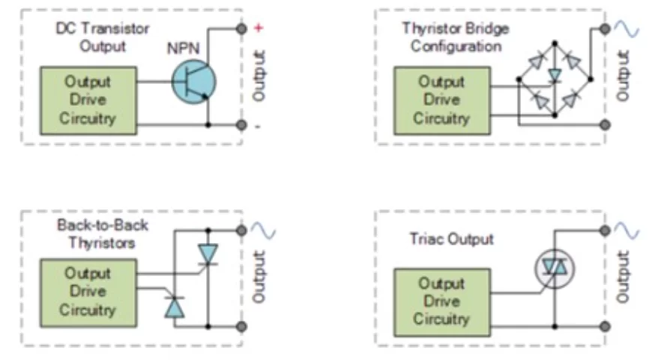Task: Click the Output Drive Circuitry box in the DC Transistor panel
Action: click(x=88, y=100)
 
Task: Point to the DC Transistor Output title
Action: click(x=103, y=37)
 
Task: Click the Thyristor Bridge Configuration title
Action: click(x=456, y=37)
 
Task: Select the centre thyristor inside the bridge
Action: click(x=555, y=75)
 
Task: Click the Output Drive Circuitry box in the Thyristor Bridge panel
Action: click(x=441, y=100)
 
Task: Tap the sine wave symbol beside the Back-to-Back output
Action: click(x=263, y=230)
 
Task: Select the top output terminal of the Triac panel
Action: click(x=606, y=230)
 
